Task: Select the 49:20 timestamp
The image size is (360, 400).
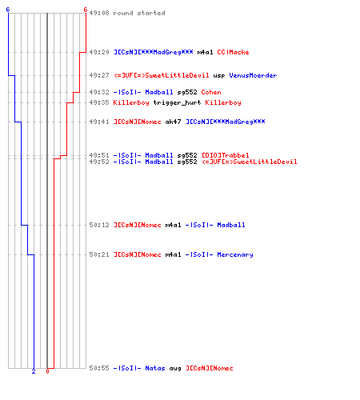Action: click(99, 52)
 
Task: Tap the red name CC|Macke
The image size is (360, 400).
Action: click(233, 52)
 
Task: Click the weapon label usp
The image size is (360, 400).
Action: click(219, 75)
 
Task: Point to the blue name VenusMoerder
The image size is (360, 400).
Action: click(253, 75)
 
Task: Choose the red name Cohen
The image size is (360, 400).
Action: click(211, 92)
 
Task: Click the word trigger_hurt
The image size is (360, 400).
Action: click(177, 102)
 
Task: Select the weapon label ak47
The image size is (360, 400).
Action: click(174, 122)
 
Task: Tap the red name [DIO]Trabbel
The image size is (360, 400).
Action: click(226, 155)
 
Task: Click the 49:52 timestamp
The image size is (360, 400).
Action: click(99, 162)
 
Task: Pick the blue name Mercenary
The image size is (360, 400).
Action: click(235, 254)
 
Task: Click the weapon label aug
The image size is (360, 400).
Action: click(175, 369)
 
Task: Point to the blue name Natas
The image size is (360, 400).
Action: click(155, 368)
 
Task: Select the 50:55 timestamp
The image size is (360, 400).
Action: click(99, 368)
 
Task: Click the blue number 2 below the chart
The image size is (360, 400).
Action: click(34, 371)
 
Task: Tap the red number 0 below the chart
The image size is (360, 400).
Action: click(47, 371)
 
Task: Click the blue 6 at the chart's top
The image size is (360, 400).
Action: click(8, 10)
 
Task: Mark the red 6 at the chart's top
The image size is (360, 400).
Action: click(86, 10)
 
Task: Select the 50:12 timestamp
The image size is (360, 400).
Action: click(99, 225)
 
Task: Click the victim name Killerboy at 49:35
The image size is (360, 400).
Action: click(223, 102)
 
